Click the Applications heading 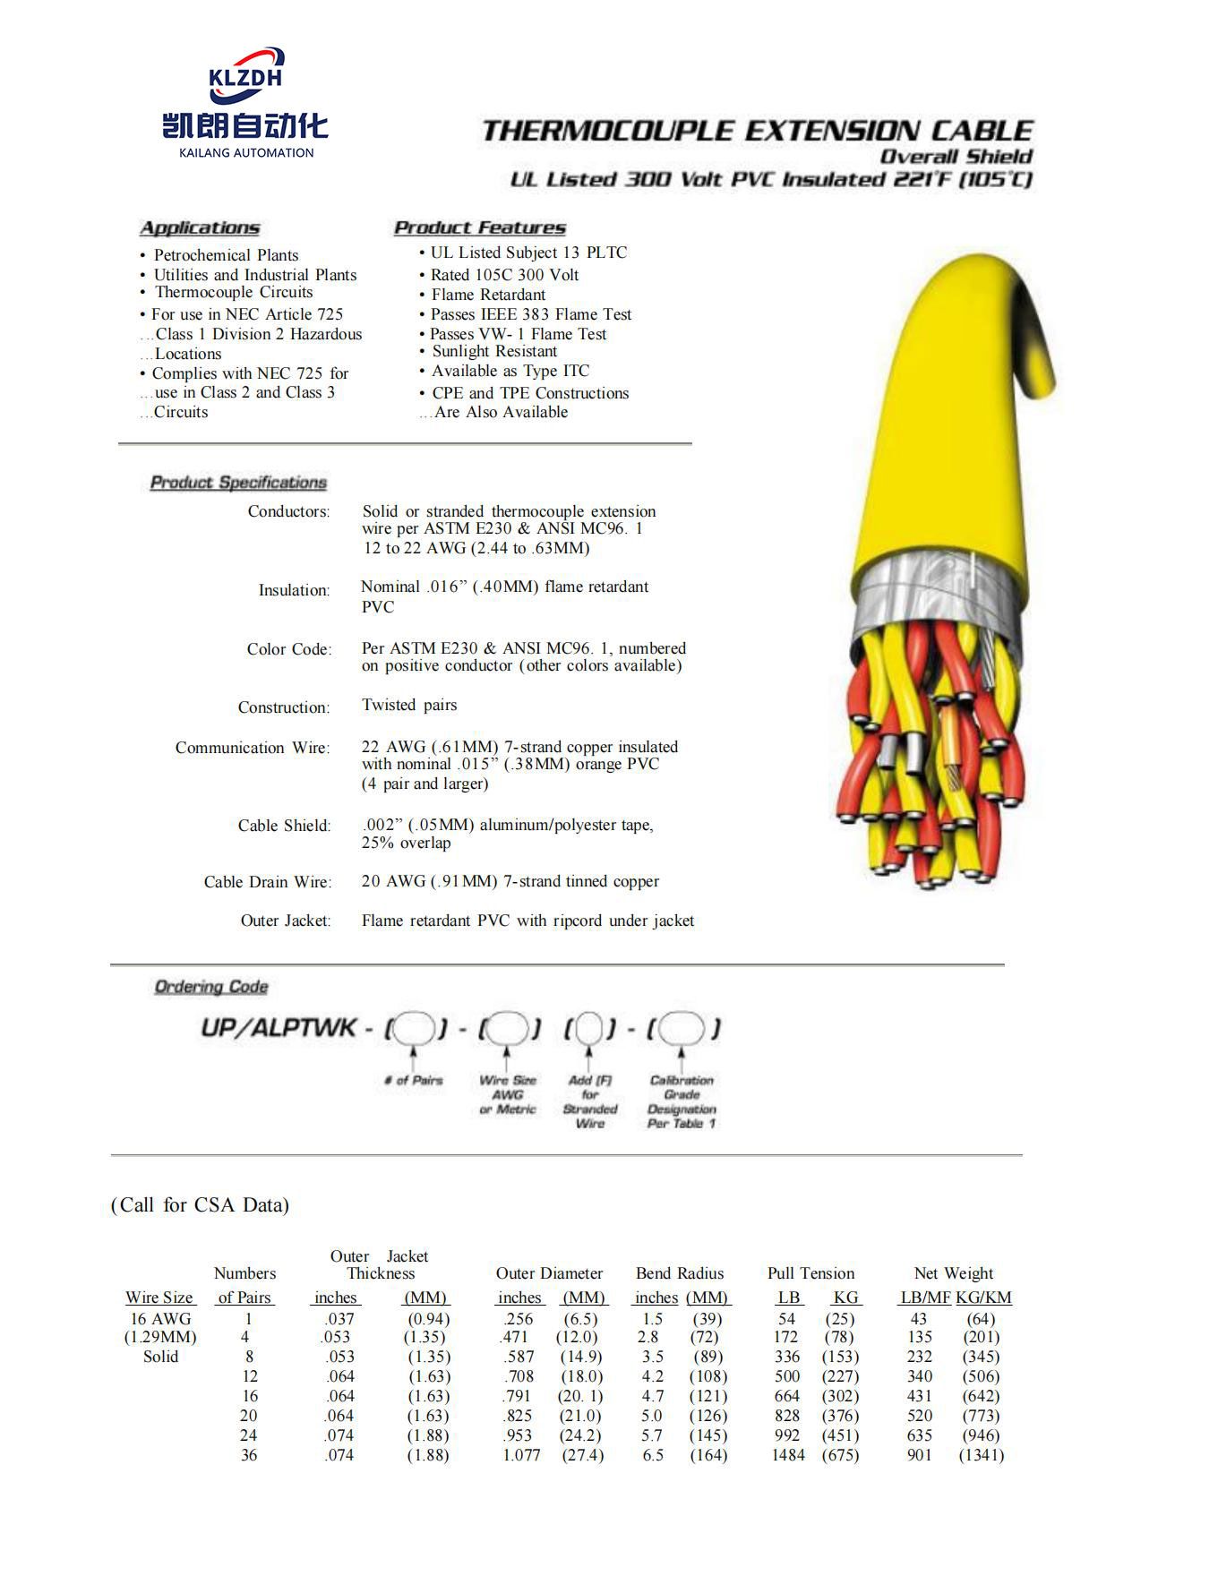coord(200,227)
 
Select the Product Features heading coord(480,227)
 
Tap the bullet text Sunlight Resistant coord(494,351)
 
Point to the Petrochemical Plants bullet coord(226,255)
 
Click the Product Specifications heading coord(238,483)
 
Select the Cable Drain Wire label coord(267,882)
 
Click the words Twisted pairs coord(409,705)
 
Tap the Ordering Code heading coord(211,987)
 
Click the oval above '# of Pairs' coord(413,1028)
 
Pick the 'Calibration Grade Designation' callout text coord(682,1101)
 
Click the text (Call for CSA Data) coord(200,1205)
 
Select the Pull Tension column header coord(811,1273)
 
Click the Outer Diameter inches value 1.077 coord(521,1455)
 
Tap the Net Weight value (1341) coord(982,1455)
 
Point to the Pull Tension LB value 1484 coord(788,1455)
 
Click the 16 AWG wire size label coord(160,1319)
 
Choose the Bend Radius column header coord(680,1273)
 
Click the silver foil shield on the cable coord(931,591)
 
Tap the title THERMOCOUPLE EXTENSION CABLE coord(758,131)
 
